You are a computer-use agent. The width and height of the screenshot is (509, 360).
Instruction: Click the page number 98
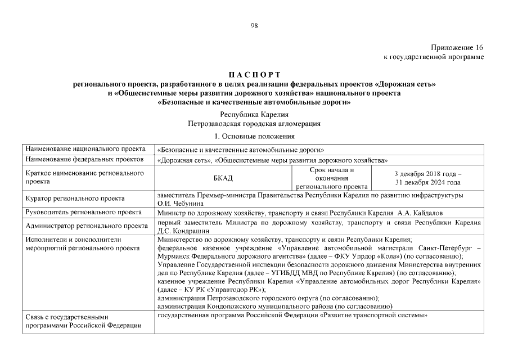254,25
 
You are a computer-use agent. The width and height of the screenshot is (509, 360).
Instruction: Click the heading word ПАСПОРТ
254,75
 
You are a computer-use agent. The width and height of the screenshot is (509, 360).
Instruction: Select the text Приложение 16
457,48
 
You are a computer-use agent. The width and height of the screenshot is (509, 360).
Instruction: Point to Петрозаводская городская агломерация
254,123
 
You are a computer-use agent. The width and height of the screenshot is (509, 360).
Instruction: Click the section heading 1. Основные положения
254,136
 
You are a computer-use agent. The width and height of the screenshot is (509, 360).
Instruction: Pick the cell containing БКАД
223,178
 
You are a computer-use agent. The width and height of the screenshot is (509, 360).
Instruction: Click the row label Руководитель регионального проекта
83,212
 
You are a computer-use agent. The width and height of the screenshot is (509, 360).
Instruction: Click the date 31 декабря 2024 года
428,182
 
